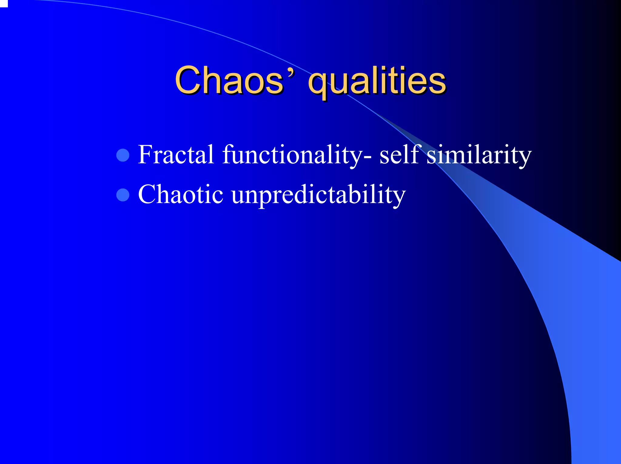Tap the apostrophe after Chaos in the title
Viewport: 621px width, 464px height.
[291, 73]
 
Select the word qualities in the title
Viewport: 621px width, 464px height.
[377, 81]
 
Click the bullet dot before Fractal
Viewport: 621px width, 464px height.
[123, 155]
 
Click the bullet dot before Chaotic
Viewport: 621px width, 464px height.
[123, 195]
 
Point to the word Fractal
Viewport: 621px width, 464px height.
[176, 155]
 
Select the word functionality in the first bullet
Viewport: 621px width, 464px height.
[291, 155]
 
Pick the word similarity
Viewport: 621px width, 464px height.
[479, 155]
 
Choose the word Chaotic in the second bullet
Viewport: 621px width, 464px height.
[181, 194]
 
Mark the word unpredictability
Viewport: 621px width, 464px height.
[318, 195]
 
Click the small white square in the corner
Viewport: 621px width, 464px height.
[3, 3]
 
